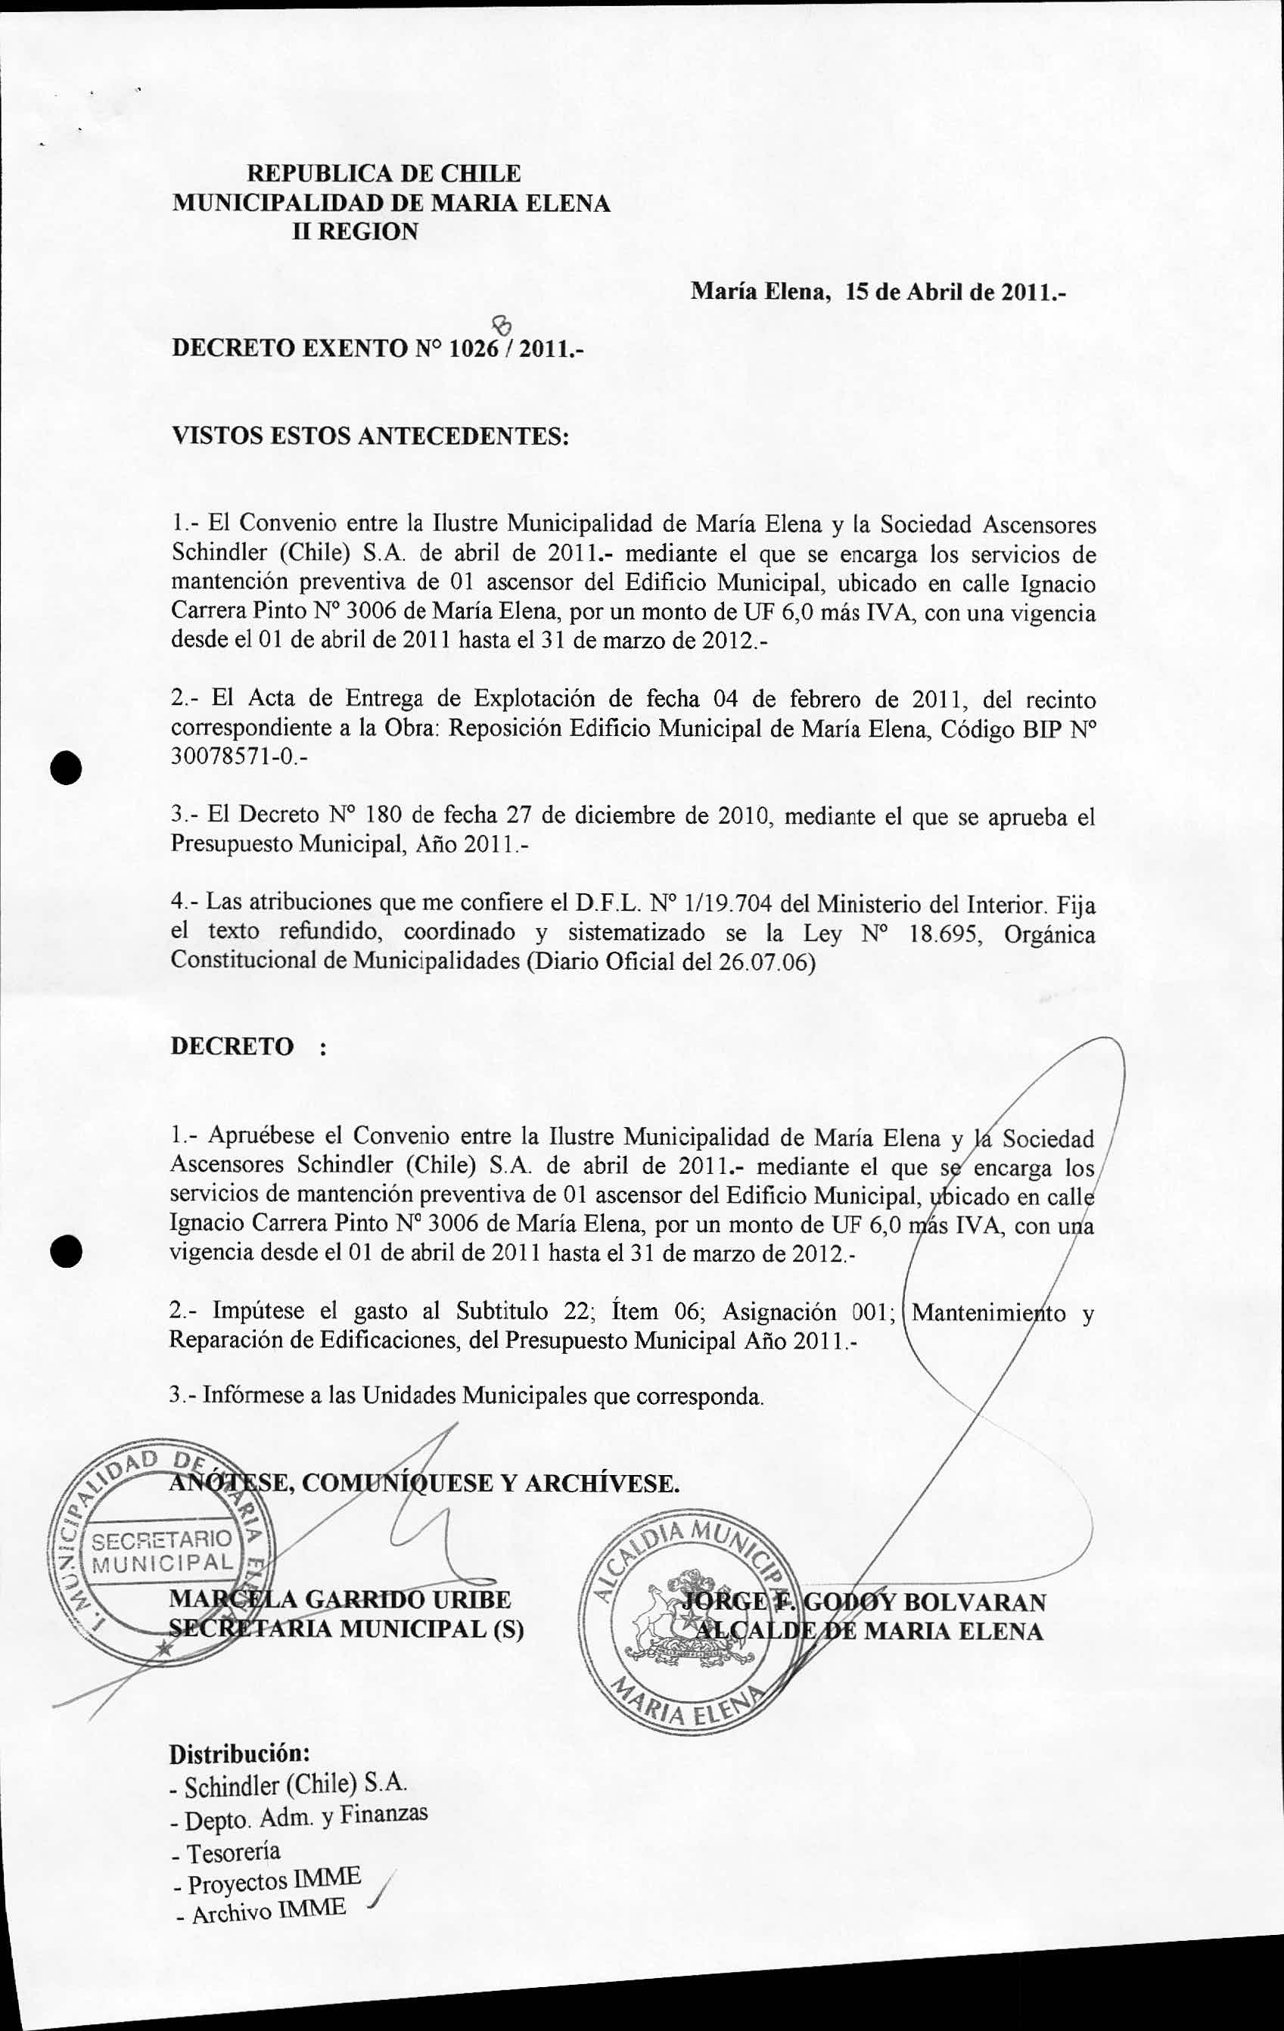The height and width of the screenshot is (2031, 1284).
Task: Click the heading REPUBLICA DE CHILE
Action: tap(383, 174)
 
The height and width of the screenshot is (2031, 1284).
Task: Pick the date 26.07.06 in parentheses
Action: tap(764, 962)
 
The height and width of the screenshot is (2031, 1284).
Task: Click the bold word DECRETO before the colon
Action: tap(232, 1047)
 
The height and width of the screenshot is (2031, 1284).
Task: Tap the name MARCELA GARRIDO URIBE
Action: tap(339, 1599)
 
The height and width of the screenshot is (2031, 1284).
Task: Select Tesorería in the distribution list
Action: tap(234, 1854)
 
